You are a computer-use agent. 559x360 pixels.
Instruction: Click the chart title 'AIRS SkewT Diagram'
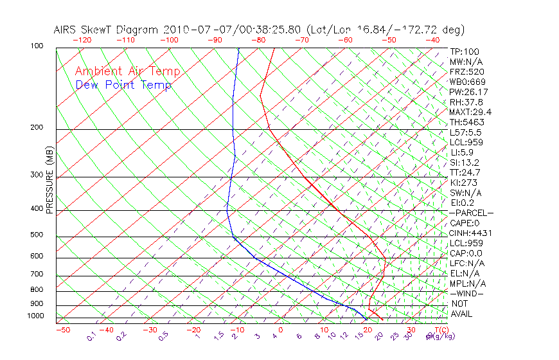pyautogui.click(x=107, y=30)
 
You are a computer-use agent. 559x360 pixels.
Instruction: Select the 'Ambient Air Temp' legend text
pyautogui.click(x=127, y=71)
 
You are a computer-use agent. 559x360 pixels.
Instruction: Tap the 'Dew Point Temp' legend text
pyautogui.click(x=123, y=85)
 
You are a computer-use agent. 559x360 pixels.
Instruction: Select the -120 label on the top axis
pyautogui.click(x=82, y=40)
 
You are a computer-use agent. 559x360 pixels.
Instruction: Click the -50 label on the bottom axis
pyautogui.click(x=62, y=330)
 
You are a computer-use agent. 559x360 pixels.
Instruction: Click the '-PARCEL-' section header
pyautogui.click(x=471, y=213)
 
